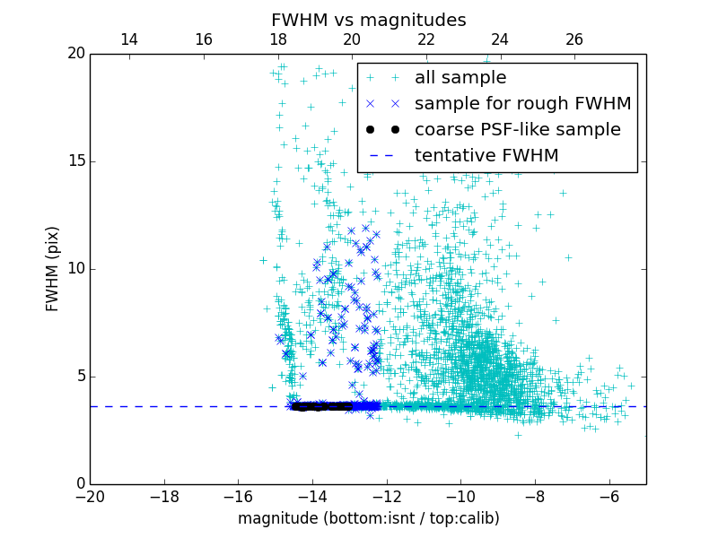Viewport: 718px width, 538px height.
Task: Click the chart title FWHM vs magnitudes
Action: pyautogui.click(x=368, y=20)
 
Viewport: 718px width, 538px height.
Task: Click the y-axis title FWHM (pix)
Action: pyautogui.click(x=53, y=268)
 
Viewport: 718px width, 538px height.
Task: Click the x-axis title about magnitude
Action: pyautogui.click(x=368, y=518)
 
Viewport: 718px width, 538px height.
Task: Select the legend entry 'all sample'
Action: pyautogui.click(x=460, y=78)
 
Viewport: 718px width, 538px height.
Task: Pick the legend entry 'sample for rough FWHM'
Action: pyautogui.click(x=522, y=104)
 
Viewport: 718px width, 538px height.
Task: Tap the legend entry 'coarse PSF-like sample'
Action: pyautogui.click(x=517, y=130)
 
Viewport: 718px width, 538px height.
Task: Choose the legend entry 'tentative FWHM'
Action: pyautogui.click(x=486, y=156)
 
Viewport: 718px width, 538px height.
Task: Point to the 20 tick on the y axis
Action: pyautogui.click(x=75, y=54)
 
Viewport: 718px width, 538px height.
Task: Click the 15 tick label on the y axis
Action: pyautogui.click(x=75, y=161)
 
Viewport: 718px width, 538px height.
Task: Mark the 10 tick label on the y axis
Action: pyautogui.click(x=75, y=269)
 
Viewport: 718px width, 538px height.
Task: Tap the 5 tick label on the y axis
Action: pyautogui.click(x=79, y=377)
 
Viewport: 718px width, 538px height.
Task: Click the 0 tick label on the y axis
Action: pyautogui.click(x=79, y=484)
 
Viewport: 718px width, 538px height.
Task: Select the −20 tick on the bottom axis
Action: pyautogui.click(x=90, y=497)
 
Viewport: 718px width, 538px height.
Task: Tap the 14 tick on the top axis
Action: pyautogui.click(x=129, y=39)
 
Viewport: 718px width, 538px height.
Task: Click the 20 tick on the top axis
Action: pyautogui.click(x=352, y=39)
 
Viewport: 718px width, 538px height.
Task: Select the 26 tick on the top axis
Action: pyautogui.click(x=574, y=39)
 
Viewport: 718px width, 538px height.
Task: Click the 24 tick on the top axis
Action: pyautogui.click(x=500, y=39)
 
